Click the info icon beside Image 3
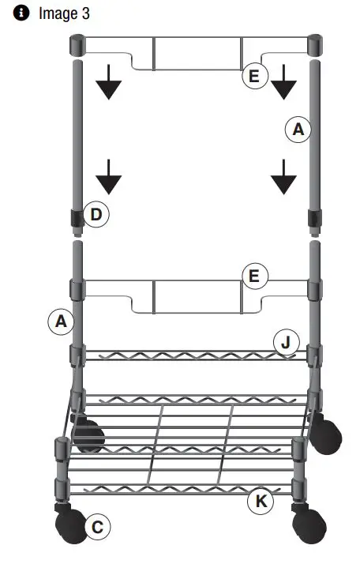coord(13,13)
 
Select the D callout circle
coord(96,214)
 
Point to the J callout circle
coord(286,342)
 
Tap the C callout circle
coord(96,527)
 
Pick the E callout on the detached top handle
coord(253,76)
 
